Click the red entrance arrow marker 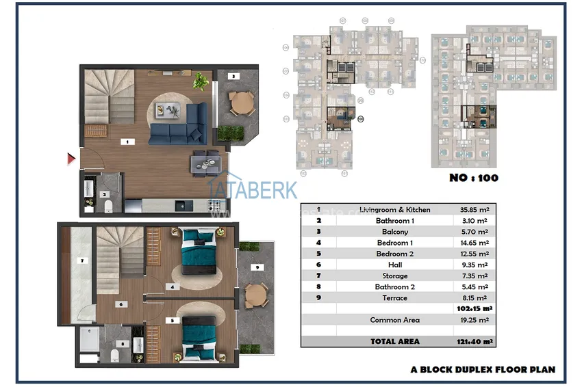pyautogui.click(x=71, y=159)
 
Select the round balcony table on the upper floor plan pyautogui.click(x=239, y=103)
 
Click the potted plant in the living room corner pyautogui.click(x=201, y=81)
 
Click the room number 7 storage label pyautogui.click(x=81, y=261)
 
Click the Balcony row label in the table pyautogui.click(x=394, y=232)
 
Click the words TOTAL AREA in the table pyautogui.click(x=394, y=341)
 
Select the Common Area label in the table pyautogui.click(x=394, y=320)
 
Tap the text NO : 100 pyautogui.click(x=473, y=178)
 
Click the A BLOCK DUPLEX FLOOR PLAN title pyautogui.click(x=482, y=369)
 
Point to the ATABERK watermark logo pyautogui.click(x=252, y=189)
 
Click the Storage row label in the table pyautogui.click(x=394, y=276)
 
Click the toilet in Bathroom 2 pyautogui.click(x=115, y=356)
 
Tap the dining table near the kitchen pyautogui.click(x=205, y=161)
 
